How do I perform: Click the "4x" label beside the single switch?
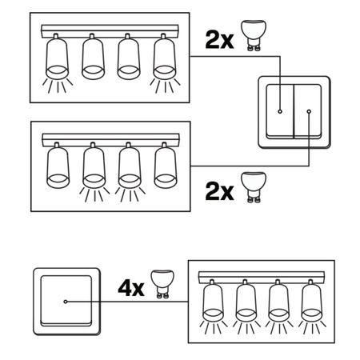tap(131, 288)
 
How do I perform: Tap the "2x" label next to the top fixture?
tap(219, 40)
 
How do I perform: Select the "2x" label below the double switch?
tap(219, 192)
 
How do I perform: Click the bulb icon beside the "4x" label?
tap(162, 284)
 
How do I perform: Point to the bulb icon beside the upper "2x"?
tap(254, 36)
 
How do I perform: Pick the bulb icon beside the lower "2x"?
tap(254, 187)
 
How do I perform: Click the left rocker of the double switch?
tap(280, 111)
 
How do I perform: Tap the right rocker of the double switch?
tap(307, 111)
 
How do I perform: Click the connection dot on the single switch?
tap(66, 302)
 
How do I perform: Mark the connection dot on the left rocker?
tap(280, 111)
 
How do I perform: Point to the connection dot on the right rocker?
tap(309, 111)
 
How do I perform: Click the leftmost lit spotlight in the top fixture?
tap(57, 63)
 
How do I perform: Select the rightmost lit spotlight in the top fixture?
tap(165, 63)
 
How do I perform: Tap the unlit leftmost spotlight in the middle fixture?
tap(58, 166)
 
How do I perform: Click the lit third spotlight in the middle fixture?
tap(130, 172)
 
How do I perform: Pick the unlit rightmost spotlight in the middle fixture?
tap(166, 166)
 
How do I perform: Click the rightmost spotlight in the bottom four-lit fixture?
tap(311, 306)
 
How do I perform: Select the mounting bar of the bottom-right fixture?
tap(262, 278)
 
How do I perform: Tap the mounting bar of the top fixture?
tap(110, 31)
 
